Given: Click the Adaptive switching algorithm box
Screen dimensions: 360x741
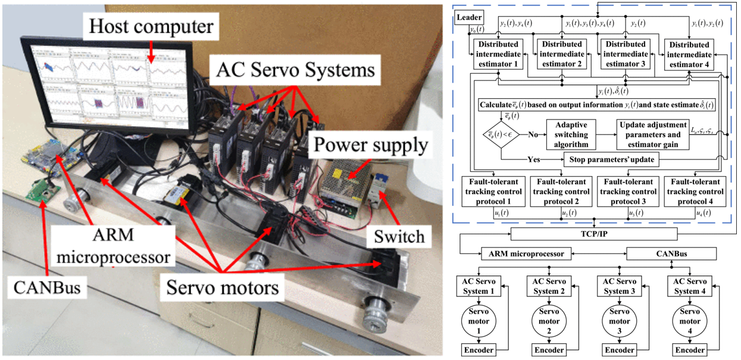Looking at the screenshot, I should point(571,134).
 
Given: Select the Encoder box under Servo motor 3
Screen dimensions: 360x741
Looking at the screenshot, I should point(619,350).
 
